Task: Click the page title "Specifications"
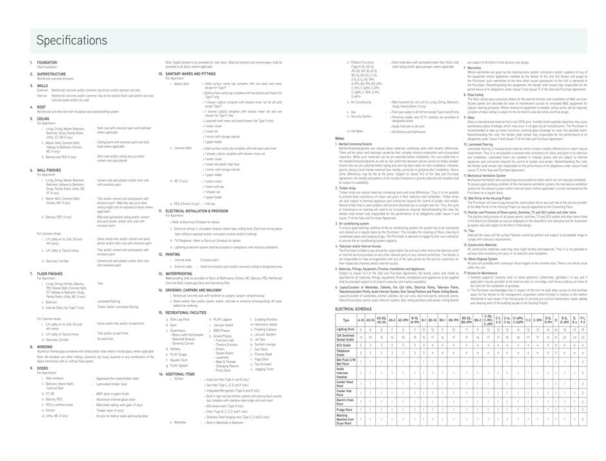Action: click(72, 41)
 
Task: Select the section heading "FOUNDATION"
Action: click(47, 62)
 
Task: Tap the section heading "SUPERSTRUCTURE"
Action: click(51, 74)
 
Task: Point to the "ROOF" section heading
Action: click(41, 107)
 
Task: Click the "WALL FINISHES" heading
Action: click(49, 170)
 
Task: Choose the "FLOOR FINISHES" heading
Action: click(50, 273)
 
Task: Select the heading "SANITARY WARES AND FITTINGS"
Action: click(191, 74)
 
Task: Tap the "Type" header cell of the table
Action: click(346, 320)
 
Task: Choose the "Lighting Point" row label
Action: click(345, 329)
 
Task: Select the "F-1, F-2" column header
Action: click(582, 320)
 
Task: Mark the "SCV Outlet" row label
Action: click(344, 345)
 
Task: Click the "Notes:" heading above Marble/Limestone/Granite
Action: click(340, 138)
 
